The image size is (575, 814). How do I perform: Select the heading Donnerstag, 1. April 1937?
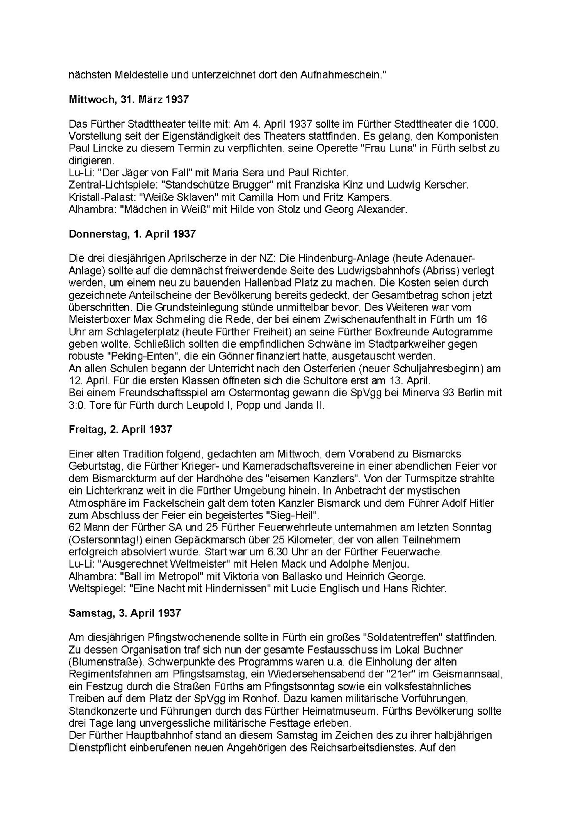point(132,234)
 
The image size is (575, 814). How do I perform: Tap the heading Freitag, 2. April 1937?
point(120,429)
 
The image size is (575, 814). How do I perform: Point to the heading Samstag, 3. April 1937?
point(125,613)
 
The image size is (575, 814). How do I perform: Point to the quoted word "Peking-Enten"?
point(137,356)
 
